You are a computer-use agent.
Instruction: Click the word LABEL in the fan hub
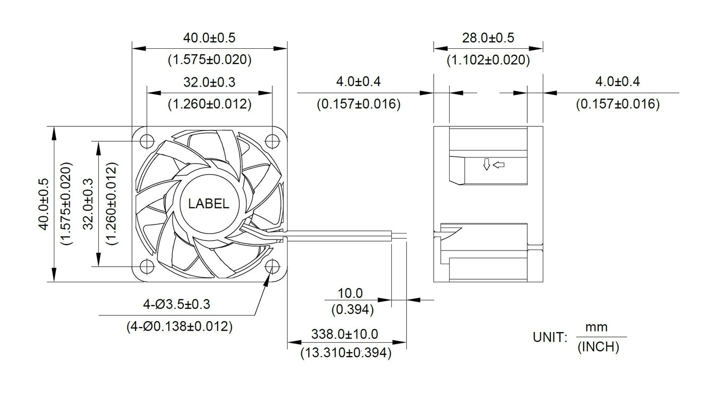tap(208, 204)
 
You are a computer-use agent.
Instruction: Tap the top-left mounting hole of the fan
tap(147, 140)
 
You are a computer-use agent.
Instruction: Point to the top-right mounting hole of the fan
tap(272, 140)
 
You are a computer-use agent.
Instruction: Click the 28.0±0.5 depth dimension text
tap(488, 38)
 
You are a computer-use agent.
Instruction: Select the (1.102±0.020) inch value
tap(488, 60)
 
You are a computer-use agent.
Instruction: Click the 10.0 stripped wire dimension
tap(352, 293)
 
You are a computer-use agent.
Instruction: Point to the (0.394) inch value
tap(352, 310)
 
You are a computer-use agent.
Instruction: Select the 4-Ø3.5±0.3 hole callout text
tap(176, 304)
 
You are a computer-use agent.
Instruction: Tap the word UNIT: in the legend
tap(551, 338)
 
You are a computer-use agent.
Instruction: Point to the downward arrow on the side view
tap(486, 165)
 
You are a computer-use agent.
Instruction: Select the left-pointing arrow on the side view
tap(499, 164)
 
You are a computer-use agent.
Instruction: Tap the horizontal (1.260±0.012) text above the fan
tap(209, 104)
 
